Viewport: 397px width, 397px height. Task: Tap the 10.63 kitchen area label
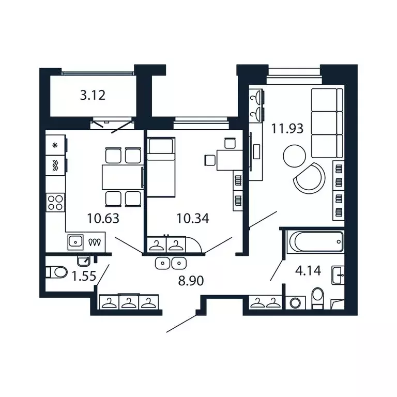pos(103,218)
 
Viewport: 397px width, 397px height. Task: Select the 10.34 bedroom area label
pos(192,218)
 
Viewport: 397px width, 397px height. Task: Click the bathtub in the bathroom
pos(316,240)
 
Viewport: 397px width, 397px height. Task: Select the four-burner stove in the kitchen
pos(55,201)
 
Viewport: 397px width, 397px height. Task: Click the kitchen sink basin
pos(75,240)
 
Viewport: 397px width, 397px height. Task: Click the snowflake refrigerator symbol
pos(55,145)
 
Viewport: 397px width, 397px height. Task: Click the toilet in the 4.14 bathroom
pos(317,299)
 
